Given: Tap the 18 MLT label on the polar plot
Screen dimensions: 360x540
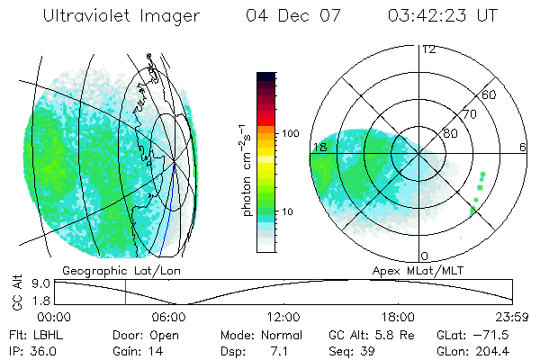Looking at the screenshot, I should point(319,147).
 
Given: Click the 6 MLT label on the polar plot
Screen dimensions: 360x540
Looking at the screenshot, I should point(523,147).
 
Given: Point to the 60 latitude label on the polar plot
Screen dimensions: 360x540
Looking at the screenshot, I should point(490,94).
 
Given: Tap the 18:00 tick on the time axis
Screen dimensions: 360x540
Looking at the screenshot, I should point(399,317).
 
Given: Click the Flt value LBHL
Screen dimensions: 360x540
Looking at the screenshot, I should point(48,333).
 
